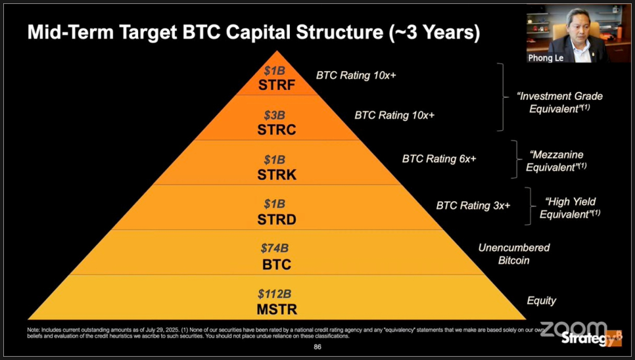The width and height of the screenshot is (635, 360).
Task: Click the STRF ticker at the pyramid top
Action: tap(277, 85)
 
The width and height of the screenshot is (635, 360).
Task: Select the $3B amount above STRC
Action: tap(275, 115)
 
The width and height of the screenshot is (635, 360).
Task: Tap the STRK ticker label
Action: tap(277, 175)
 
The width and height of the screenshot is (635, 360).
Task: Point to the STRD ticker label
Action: tap(277, 219)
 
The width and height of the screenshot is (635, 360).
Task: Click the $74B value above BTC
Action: tap(275, 248)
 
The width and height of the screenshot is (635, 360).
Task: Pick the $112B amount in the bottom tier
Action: tap(275, 294)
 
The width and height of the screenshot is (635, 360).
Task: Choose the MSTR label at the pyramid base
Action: tap(277, 309)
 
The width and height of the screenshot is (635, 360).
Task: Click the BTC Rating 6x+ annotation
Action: tap(439, 158)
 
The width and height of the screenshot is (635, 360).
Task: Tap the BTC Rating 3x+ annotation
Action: tap(473, 206)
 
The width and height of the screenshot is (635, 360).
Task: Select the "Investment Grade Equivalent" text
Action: tap(559, 102)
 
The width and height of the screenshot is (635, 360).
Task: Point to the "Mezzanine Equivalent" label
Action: tap(556, 160)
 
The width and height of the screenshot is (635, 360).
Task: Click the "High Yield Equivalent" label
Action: tap(570, 208)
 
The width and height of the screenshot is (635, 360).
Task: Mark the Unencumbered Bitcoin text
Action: tap(514, 254)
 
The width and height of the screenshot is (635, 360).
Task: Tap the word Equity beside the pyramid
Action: tap(542, 300)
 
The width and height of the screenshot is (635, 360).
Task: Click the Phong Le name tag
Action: tap(546, 58)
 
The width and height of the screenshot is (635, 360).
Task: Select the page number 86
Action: tap(317, 347)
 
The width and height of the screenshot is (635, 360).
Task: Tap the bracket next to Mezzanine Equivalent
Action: tap(515, 160)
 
